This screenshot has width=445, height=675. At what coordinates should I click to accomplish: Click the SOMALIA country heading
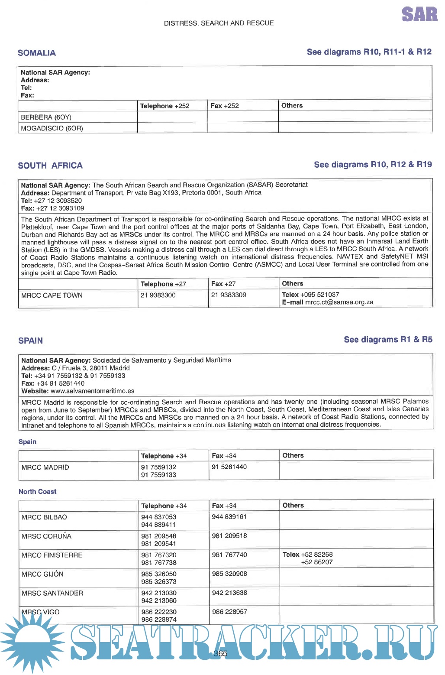pos(37,53)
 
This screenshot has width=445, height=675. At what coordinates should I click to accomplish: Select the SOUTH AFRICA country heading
pos(50,166)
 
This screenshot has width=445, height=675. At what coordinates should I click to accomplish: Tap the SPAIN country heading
pos(30,341)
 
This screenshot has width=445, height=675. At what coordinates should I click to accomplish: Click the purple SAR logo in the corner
pos(419,14)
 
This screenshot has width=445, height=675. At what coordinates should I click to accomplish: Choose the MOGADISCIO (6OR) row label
pos(52,128)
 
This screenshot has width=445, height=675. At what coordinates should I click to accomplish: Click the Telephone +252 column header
pos(164,106)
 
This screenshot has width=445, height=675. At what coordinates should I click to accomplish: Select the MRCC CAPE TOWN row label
pos(52,295)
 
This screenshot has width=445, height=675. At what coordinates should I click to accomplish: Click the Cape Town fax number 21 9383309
pos(229,295)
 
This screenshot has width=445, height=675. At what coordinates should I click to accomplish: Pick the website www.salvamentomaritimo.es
pos(92,391)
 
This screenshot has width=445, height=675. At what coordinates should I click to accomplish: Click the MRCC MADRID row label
pos(45,467)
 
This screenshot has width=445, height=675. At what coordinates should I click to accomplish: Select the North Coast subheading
pos(37,492)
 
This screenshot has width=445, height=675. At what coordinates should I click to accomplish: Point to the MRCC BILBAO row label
pos(44,517)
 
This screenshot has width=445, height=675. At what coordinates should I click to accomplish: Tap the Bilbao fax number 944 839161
pos(229,517)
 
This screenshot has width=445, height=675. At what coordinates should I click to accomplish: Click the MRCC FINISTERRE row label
pos(52,555)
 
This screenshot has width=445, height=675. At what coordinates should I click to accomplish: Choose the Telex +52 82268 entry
pos(308,555)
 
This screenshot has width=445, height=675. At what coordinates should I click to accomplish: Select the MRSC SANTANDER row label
pos(52,593)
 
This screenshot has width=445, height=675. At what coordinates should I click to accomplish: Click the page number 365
pos(220,654)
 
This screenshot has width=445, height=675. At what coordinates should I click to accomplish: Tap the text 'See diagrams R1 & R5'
pos(388,340)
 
